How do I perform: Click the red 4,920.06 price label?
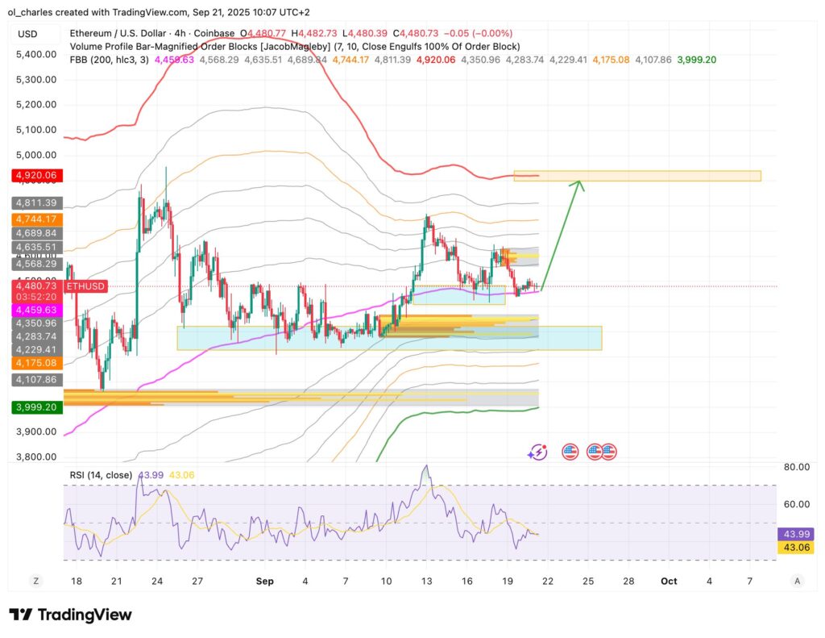tap(34, 175)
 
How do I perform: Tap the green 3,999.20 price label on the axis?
tap(34, 408)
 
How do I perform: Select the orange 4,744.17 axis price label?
tap(34, 219)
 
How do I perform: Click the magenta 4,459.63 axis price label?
tap(34, 309)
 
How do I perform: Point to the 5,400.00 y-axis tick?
tap(35, 54)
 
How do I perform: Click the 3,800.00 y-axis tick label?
tap(35, 457)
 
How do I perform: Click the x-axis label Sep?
tap(264, 581)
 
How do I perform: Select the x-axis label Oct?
tap(669, 581)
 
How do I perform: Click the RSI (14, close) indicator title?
tap(98, 475)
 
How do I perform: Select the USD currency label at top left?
tap(28, 34)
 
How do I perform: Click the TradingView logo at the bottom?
tap(70, 615)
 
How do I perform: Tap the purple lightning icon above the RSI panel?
tap(537, 452)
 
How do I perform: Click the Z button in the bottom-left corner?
tap(35, 581)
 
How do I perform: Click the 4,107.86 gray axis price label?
tap(34, 379)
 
